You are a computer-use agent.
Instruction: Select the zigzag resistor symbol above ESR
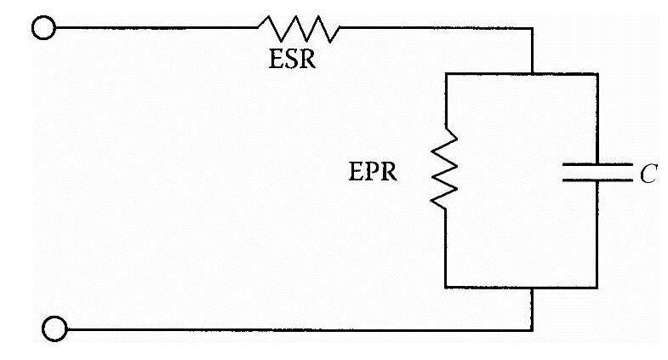click(299, 29)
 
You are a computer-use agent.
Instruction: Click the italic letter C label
click(648, 175)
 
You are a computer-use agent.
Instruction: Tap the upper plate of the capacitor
click(597, 164)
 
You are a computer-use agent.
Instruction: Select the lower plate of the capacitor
click(597, 180)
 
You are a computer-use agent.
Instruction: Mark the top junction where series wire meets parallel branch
click(532, 73)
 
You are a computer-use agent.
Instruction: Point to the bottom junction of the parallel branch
click(532, 288)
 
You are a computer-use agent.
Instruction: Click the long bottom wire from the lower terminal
click(298, 328)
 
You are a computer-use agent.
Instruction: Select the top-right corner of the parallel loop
click(597, 73)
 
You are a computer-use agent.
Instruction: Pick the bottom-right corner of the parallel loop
click(597, 288)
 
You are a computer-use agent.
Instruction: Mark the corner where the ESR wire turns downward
click(532, 28)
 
